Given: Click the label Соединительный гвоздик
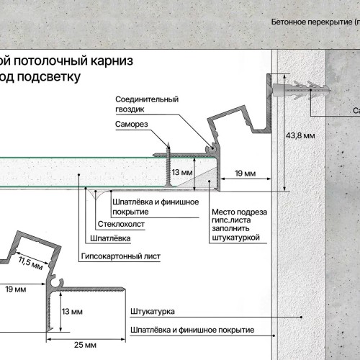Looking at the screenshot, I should click(145, 104).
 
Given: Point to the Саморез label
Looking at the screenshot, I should click(132, 125).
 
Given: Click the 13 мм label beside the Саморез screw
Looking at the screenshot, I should click(182, 174).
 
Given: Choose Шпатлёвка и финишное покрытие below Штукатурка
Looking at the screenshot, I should click(192, 330).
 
